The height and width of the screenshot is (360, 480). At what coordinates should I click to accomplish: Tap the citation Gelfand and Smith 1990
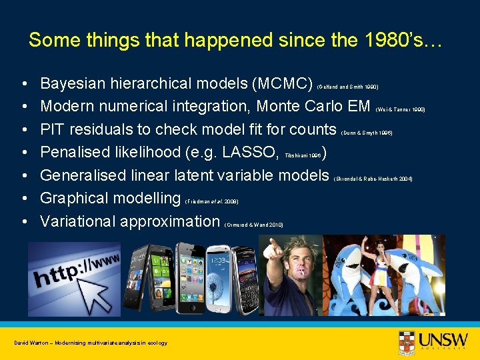pyautogui.click(x=347, y=87)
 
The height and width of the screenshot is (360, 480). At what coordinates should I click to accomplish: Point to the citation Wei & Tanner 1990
pyautogui.click(x=401, y=109)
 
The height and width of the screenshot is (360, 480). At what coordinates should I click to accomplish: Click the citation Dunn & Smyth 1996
pyautogui.click(x=367, y=133)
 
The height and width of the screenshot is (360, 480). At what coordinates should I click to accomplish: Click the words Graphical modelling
pyautogui.click(x=110, y=198)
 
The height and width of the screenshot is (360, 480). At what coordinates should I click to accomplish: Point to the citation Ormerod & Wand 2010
pyautogui.click(x=254, y=225)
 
